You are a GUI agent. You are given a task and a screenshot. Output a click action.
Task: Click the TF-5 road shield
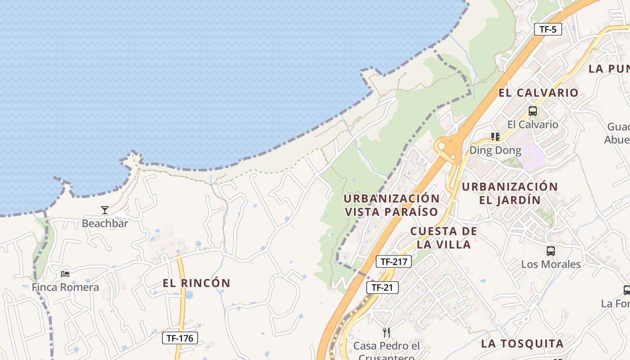(x=548, y=30)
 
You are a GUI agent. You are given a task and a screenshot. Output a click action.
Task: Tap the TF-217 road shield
(x=394, y=261)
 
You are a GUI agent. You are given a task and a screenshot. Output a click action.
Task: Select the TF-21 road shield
(x=382, y=288)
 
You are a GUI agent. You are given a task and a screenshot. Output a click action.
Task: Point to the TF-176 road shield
(x=180, y=338)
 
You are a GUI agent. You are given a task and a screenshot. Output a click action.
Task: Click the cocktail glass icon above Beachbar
(x=105, y=210)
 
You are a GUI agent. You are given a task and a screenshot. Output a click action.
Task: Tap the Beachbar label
(x=105, y=223)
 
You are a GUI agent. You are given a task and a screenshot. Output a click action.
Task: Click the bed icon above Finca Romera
(x=65, y=274)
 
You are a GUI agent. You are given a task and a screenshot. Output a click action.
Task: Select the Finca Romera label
(x=65, y=287)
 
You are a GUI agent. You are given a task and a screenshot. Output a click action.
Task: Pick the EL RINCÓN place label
(x=197, y=283)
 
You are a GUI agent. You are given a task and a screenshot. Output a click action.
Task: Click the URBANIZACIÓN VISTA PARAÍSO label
(x=391, y=205)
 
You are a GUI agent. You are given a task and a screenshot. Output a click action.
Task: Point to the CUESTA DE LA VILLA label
(x=444, y=238)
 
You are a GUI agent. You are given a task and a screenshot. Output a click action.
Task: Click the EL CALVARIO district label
(x=538, y=93)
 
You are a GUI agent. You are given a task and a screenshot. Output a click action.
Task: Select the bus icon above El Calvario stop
(x=533, y=111)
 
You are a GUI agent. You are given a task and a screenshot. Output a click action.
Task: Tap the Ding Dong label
(x=495, y=150)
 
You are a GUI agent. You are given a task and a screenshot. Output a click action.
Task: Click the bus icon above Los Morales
(x=551, y=251)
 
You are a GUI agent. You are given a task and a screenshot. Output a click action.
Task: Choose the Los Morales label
(x=551, y=264)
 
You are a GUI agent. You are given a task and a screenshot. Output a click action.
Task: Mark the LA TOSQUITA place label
(x=522, y=344)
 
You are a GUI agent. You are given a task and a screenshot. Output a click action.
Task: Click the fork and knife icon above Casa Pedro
(x=387, y=333)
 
